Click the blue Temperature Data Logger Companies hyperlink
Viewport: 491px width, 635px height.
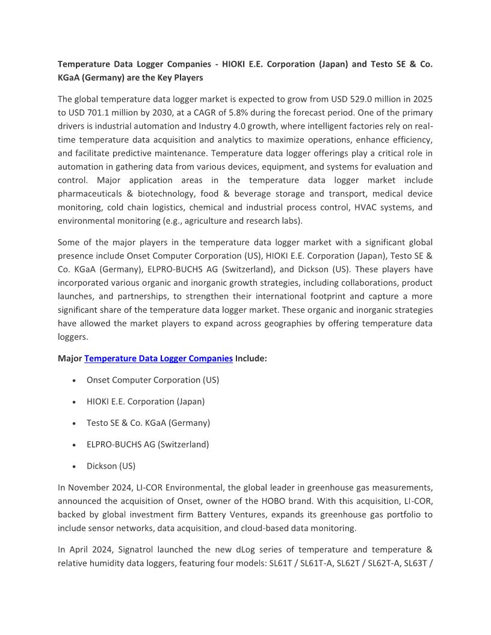tap(158, 358)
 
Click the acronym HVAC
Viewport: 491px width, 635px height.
tap(354, 207)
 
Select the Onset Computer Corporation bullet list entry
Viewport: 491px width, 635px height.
tap(153, 380)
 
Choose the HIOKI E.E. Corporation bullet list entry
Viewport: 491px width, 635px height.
tap(146, 402)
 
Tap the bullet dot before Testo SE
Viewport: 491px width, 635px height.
tap(73, 423)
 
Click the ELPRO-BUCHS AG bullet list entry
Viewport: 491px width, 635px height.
tap(147, 445)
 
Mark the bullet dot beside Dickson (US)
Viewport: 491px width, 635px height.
tap(73, 467)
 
